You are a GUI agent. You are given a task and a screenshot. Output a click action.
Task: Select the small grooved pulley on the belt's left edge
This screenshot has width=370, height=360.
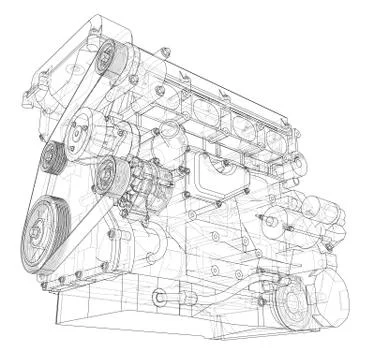[52, 156]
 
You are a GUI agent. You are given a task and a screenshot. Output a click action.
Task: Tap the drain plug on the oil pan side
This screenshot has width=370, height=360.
[159, 297]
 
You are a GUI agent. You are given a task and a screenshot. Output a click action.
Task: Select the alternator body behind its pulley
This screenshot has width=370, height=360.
[135, 180]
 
